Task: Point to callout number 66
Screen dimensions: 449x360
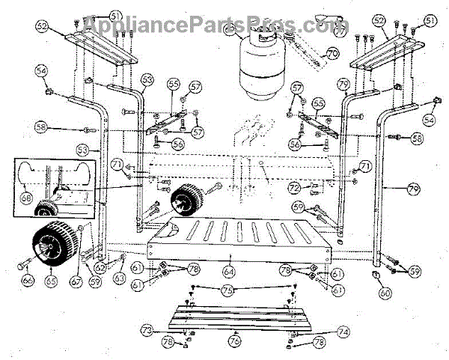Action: [27, 280]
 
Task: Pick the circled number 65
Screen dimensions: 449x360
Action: [52, 280]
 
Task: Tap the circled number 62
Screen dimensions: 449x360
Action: [100, 267]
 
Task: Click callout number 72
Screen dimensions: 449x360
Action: [294, 187]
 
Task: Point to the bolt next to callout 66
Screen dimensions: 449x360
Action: [18, 266]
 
